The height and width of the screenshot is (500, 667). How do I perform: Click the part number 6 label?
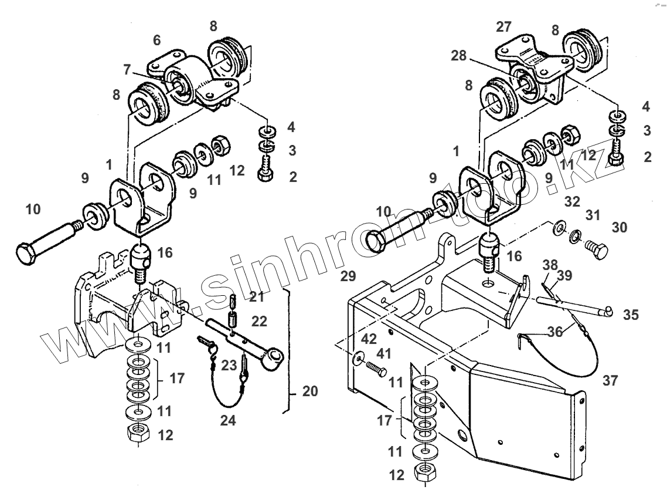point(156,40)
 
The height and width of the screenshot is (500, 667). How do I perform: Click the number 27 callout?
point(503,26)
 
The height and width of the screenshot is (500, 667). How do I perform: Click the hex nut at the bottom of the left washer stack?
point(137,434)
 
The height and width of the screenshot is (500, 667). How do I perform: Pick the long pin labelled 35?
point(574,306)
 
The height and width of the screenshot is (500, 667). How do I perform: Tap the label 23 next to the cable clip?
point(229,365)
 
